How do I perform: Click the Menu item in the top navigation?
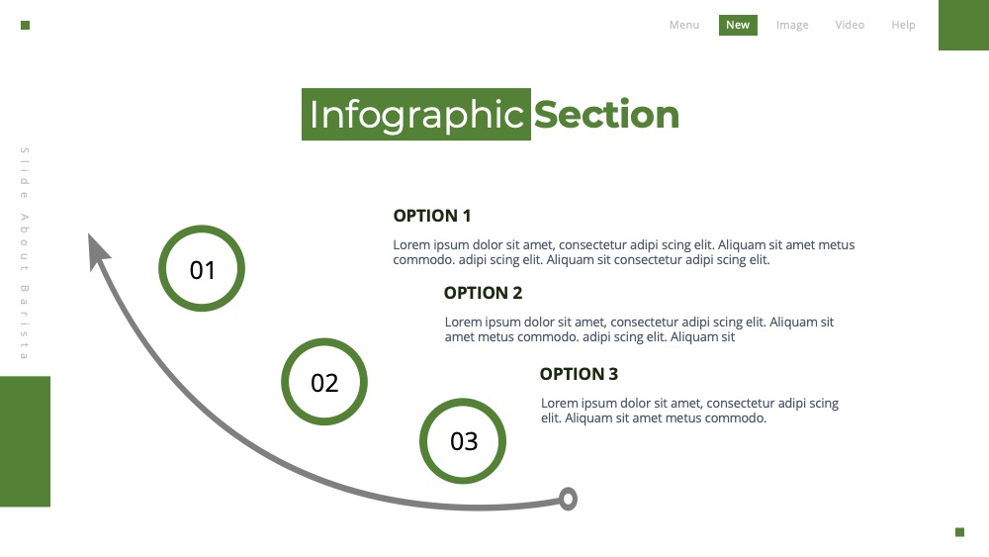684,25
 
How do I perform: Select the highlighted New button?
738,26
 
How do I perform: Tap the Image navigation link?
792,26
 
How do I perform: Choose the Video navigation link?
850,25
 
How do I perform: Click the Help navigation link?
903,26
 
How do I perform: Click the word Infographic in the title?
416,115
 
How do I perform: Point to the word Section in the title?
607,115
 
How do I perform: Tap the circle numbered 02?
324,342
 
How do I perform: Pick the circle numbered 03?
463,402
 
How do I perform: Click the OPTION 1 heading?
432,216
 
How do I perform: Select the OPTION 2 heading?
484,293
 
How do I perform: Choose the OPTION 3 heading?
579,374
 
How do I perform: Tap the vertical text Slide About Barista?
25,253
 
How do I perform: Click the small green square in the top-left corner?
26,26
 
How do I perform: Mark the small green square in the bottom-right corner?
960,532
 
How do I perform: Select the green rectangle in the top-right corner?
963,26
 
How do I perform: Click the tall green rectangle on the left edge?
26,441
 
